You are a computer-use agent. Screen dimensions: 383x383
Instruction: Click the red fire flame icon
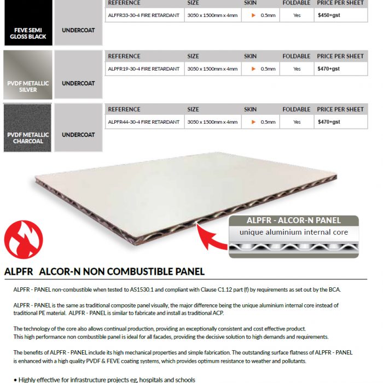point(23,239)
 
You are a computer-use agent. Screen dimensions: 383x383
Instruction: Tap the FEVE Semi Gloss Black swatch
point(27,22)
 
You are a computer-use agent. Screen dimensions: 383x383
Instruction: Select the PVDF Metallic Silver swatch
point(27,74)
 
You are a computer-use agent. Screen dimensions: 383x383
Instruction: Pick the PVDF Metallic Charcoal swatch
point(27,127)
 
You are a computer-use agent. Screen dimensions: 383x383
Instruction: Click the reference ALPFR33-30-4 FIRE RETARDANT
point(143,15)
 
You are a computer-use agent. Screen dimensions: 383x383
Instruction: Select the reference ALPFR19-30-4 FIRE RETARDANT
point(143,69)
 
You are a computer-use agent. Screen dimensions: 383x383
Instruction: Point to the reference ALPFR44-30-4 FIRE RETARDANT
point(143,122)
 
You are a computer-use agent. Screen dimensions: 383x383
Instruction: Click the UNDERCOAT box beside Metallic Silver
point(78,83)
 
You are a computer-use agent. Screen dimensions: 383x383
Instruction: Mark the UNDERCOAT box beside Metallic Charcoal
point(78,135)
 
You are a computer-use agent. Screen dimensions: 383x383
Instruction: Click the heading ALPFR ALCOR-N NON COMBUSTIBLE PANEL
point(104,271)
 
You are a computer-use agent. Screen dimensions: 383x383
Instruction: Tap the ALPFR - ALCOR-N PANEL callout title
point(293,220)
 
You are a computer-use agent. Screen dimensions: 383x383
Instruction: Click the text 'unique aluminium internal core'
point(293,233)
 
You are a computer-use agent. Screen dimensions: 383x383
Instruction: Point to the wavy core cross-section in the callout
point(293,248)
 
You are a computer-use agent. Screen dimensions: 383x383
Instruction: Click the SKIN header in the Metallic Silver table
point(250,56)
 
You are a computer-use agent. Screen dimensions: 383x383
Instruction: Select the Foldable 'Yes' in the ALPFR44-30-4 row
point(297,122)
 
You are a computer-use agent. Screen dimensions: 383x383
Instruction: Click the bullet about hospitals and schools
point(107,379)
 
